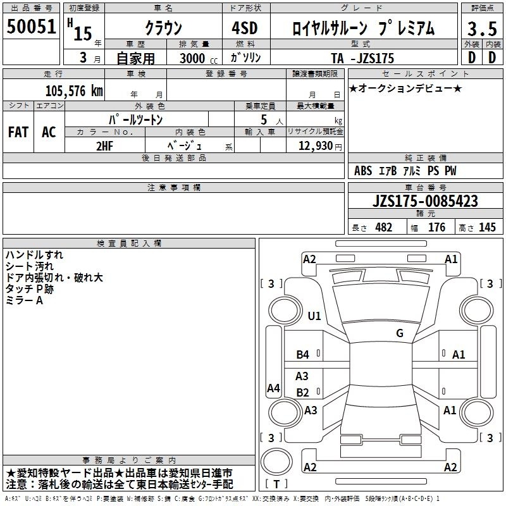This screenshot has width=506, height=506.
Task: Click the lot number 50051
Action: (31, 27)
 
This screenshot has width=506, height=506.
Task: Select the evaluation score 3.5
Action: (482, 29)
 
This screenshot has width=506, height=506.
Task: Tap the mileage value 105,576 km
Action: (74, 90)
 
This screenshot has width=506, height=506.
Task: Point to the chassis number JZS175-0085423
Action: (425, 201)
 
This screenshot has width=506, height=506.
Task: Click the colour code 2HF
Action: (104, 146)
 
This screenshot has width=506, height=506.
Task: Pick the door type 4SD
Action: (245, 28)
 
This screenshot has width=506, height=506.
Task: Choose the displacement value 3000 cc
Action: (199, 58)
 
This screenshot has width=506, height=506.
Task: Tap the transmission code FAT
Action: (18, 132)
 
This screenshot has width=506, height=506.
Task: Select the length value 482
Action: (383, 227)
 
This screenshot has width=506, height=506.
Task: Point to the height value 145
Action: (487, 227)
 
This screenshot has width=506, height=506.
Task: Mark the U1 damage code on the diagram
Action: (314, 316)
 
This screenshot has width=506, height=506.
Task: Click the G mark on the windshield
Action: (400, 333)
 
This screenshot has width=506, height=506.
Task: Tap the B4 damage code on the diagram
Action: (302, 355)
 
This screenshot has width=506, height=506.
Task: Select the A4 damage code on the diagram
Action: (273, 388)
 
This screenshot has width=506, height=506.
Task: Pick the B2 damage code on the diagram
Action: (302, 392)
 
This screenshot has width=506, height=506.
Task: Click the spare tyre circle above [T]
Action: (276, 462)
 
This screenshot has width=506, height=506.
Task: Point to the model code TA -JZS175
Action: (362, 58)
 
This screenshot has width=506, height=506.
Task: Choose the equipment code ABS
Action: (363, 171)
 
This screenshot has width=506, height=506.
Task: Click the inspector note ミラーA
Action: (24, 300)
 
